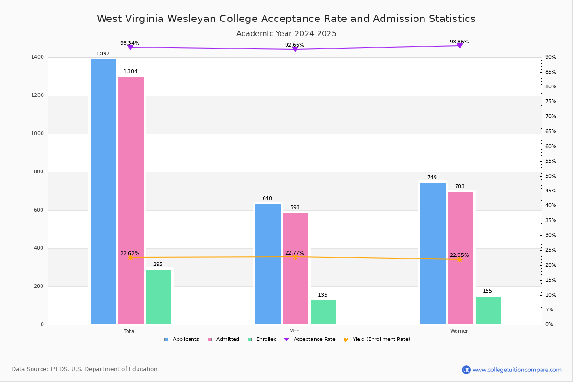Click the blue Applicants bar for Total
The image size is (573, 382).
coord(103,191)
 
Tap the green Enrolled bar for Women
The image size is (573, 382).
coord(488,310)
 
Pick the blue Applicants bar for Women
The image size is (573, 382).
coord(433,253)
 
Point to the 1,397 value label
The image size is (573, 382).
coord(103,54)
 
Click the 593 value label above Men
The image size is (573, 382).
coord(295,208)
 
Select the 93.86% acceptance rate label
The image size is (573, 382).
coord(459,42)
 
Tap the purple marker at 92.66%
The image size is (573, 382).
coord(295,49)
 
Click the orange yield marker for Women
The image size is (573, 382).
coord(460,259)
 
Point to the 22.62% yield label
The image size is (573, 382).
coord(130,254)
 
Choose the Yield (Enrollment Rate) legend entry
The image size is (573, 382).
coord(381,340)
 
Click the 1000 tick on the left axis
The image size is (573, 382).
coord(38,134)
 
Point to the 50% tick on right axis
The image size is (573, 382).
coord(551,176)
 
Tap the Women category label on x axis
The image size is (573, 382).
coord(459,331)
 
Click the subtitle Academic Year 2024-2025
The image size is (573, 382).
coord(286,34)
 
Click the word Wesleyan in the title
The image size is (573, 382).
coord(194,19)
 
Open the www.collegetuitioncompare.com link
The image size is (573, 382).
coord(517,370)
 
